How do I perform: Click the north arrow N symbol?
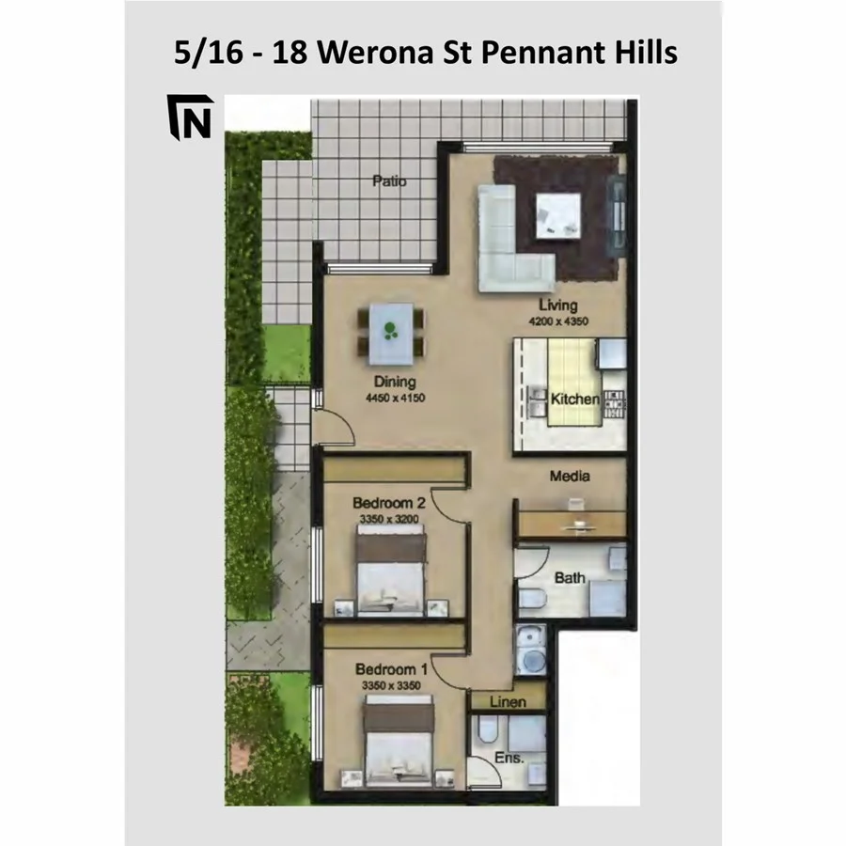191,117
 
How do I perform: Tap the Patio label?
388,180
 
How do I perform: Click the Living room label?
557,305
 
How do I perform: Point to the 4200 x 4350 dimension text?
557,321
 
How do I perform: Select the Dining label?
395,383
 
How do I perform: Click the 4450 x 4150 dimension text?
395,398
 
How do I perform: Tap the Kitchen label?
574,399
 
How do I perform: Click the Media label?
570,477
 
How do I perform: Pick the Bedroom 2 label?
389,503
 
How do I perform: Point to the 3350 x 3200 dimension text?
389,518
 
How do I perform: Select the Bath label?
570,578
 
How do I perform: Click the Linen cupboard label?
507,701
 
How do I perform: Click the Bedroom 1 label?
391,669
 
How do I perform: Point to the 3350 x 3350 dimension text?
391,684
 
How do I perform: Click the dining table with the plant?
390,334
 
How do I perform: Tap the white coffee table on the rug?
558,213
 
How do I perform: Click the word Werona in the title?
385,53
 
